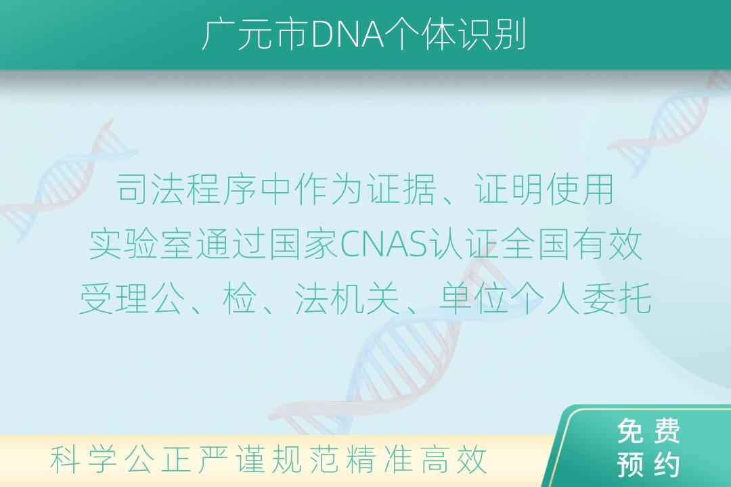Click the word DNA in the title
347,35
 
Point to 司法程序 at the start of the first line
186,189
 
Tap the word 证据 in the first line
401,189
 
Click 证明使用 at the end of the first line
544,189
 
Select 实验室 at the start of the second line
141,243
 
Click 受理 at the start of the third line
114,298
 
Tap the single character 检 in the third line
240,298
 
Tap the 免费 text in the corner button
648,431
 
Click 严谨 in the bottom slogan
231,459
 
